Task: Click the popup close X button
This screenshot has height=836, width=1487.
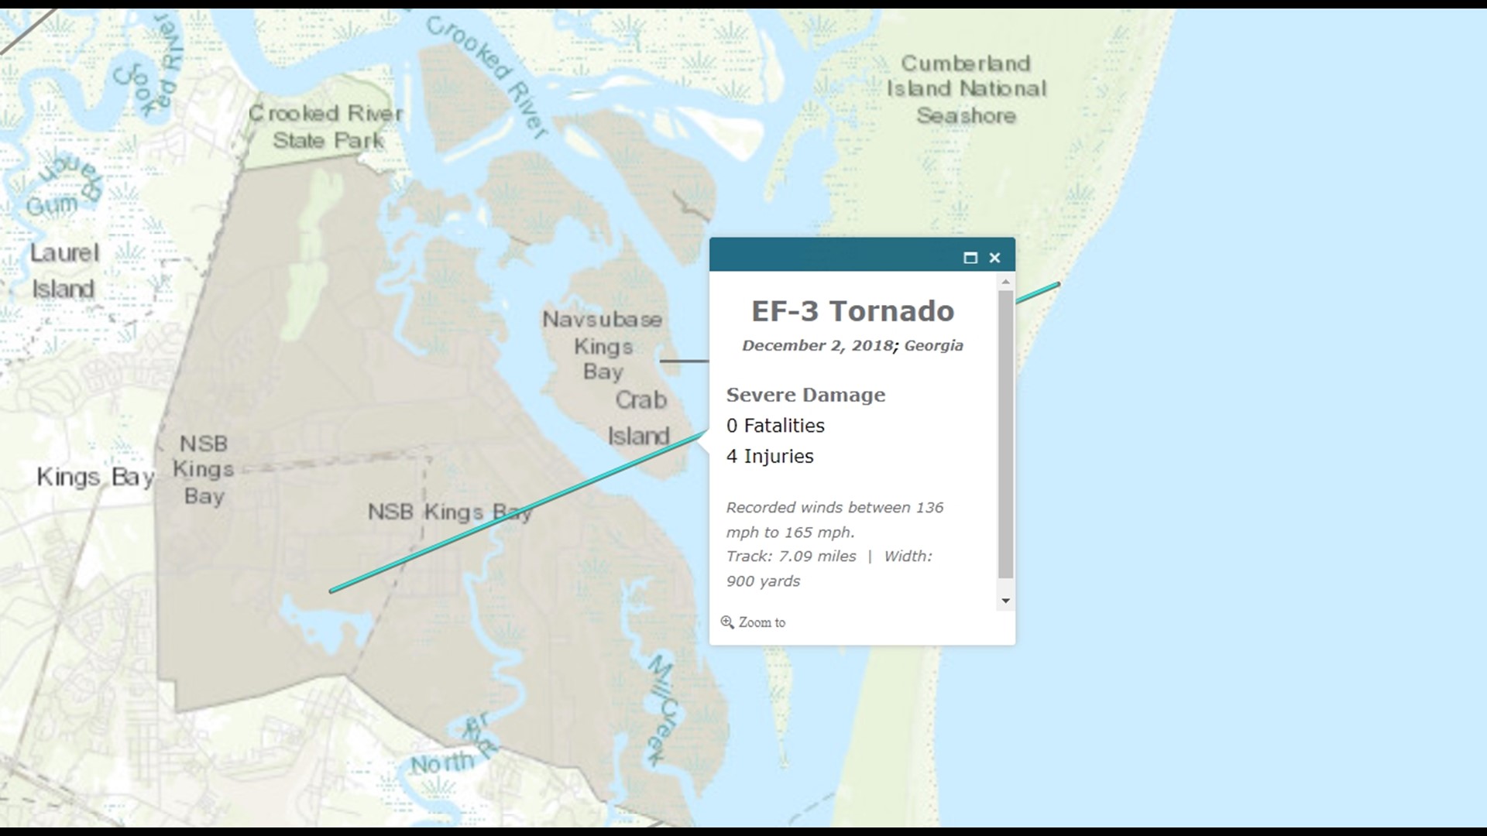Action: pos(994,258)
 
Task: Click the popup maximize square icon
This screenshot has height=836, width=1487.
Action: pos(970,258)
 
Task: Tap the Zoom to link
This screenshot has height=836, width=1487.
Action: pos(761,622)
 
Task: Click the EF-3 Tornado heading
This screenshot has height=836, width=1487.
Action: pos(853,311)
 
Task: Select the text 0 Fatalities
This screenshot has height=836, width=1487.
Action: pos(775,426)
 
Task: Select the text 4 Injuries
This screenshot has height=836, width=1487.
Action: pos(770,457)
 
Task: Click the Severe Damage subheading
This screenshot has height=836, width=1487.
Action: pos(805,395)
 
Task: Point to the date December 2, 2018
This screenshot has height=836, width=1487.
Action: pos(817,346)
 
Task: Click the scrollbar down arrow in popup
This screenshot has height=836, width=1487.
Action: pos(1005,601)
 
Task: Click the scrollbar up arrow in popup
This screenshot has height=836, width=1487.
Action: pos(1005,282)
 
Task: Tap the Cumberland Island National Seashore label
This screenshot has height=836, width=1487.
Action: pos(966,89)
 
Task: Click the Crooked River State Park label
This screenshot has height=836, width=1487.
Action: pos(326,127)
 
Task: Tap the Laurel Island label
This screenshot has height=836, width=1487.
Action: pos(64,271)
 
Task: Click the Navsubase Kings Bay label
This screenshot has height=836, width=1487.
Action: pos(603,345)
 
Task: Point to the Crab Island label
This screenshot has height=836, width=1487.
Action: pos(640,418)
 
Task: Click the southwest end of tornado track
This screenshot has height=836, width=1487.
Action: pos(332,591)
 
